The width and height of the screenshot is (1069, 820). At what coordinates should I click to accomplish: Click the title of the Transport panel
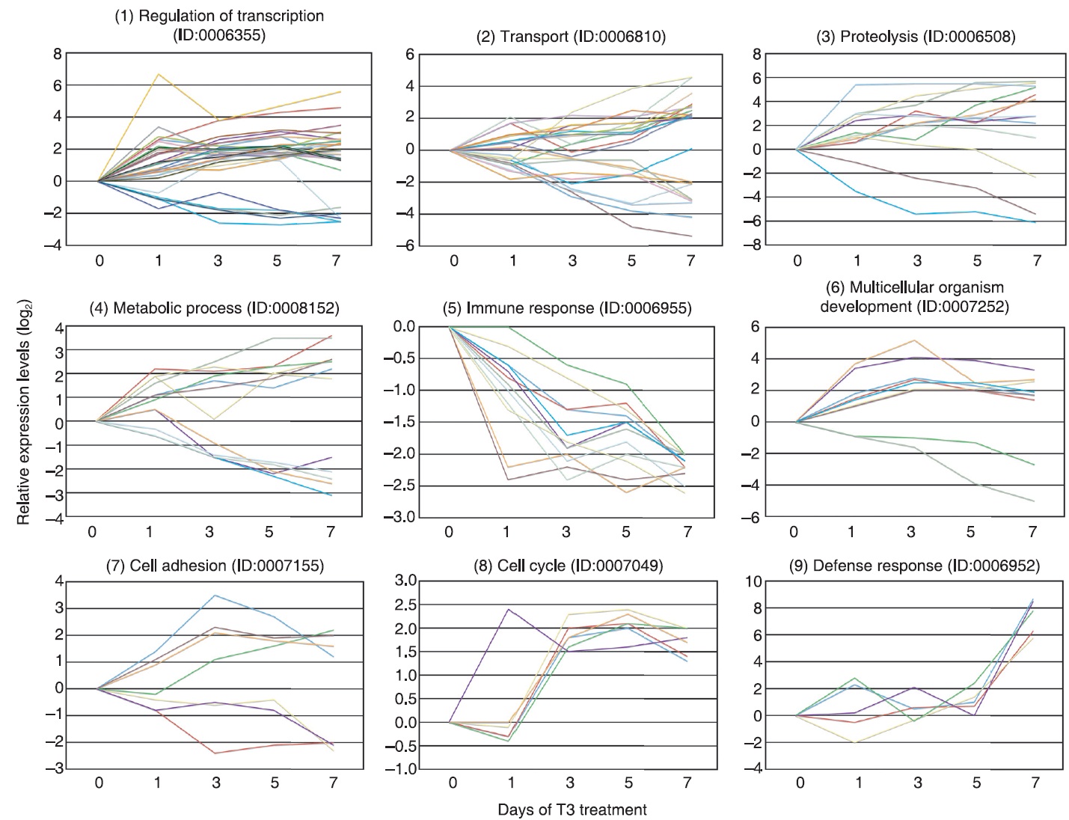pyautogui.click(x=570, y=37)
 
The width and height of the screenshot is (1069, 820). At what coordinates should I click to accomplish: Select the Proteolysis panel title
pyautogui.click(x=916, y=37)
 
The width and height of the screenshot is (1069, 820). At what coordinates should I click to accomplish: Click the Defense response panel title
pyautogui.click(x=915, y=566)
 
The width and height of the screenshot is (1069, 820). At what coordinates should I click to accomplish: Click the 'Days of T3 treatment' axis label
pyautogui.click(x=572, y=810)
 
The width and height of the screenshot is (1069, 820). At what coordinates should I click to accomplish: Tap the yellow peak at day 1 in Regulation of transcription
pyautogui.click(x=159, y=74)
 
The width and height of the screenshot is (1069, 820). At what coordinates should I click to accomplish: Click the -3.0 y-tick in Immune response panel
pyautogui.click(x=399, y=518)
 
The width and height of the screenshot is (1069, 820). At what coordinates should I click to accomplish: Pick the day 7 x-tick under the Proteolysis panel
pyautogui.click(x=1036, y=261)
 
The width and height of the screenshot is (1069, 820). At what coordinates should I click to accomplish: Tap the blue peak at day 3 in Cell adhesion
pyautogui.click(x=216, y=596)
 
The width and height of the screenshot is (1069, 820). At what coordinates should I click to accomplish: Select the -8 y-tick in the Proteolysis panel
pyautogui.click(x=777, y=245)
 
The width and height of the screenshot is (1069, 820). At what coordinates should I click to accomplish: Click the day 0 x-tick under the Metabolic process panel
pyautogui.click(x=92, y=532)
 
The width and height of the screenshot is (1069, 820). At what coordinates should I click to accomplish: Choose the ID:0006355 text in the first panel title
pyautogui.click(x=218, y=34)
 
